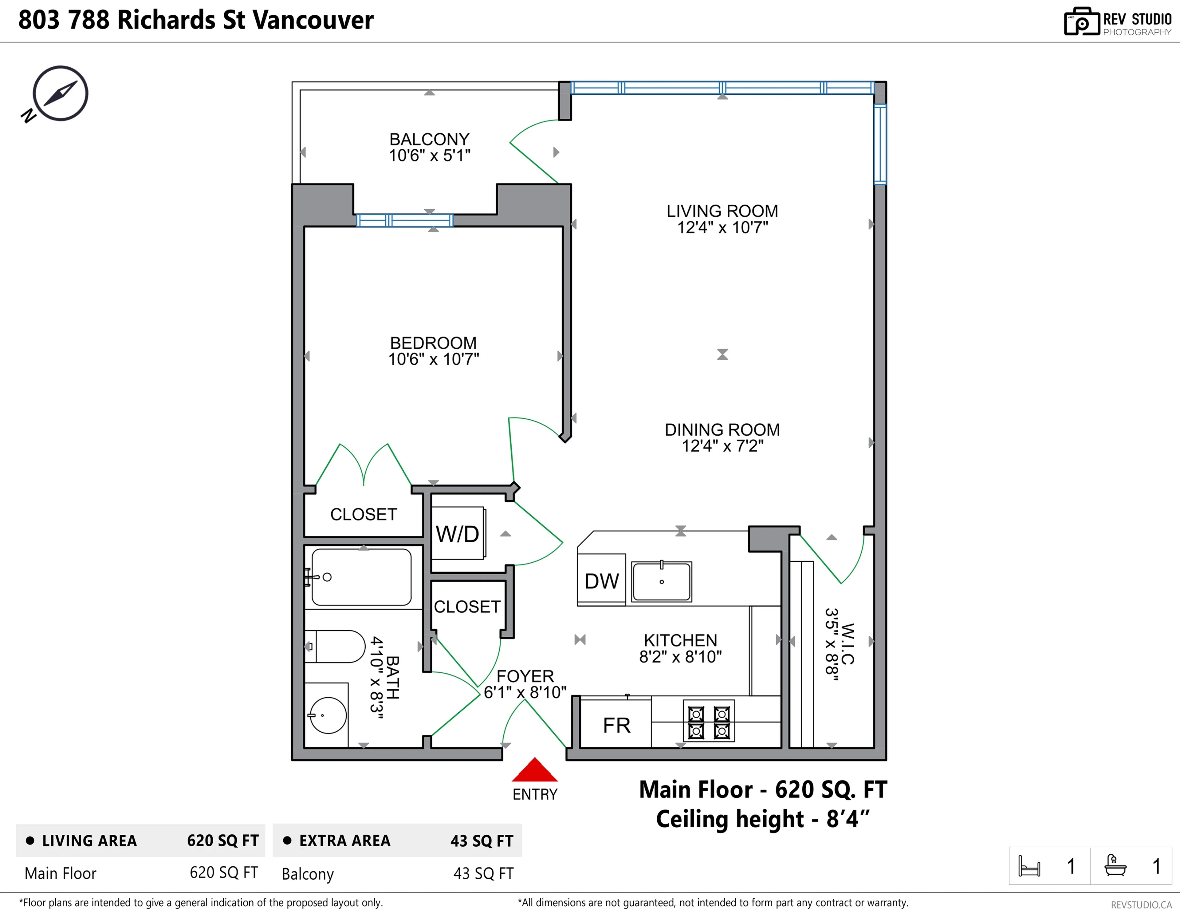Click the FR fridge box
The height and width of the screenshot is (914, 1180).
pyautogui.click(x=616, y=725)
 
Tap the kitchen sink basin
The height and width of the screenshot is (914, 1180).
pyautogui.click(x=661, y=582)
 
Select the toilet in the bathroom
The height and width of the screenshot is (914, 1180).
pyautogui.click(x=335, y=647)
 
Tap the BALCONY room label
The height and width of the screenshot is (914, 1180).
pyautogui.click(x=430, y=140)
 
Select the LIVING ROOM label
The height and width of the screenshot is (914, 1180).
pyautogui.click(x=722, y=211)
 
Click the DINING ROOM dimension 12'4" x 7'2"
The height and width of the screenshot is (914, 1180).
pyautogui.click(x=722, y=446)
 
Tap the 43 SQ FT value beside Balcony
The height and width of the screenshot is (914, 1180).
pyautogui.click(x=483, y=873)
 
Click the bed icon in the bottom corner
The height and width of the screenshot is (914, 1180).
pyautogui.click(x=1029, y=866)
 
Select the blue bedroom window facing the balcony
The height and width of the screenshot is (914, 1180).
pyautogui.click(x=404, y=220)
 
